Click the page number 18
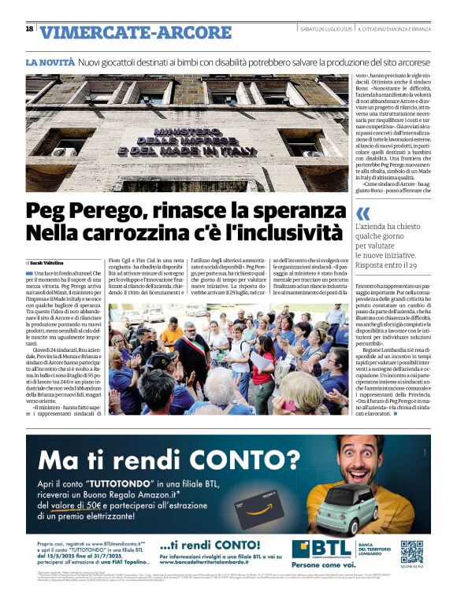(30, 29)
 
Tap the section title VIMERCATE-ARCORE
(136, 32)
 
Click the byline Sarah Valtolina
(48, 262)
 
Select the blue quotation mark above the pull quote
(362, 214)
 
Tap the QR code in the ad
(411, 550)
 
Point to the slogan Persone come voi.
(324, 565)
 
